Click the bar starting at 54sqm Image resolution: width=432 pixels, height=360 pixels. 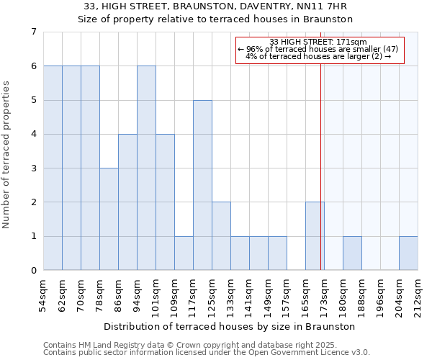pyautogui.click(x=53, y=168)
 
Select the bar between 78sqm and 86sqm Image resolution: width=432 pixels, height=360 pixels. pyautogui.click(x=109, y=219)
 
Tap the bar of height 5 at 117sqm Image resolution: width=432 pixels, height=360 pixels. pyautogui.click(x=202, y=185)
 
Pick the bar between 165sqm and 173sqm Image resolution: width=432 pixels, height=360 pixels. pyautogui.click(x=315, y=236)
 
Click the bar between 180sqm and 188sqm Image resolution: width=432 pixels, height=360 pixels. pyautogui.click(x=352, y=253)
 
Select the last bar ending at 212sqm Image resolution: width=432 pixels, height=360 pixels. pyautogui.click(x=408, y=253)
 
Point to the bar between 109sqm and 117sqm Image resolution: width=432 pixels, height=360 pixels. pyautogui.click(x=184, y=253)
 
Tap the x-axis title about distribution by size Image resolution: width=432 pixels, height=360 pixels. pyautogui.click(x=230, y=326)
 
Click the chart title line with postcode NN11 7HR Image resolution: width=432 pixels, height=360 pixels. pyautogui.click(x=215, y=6)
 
